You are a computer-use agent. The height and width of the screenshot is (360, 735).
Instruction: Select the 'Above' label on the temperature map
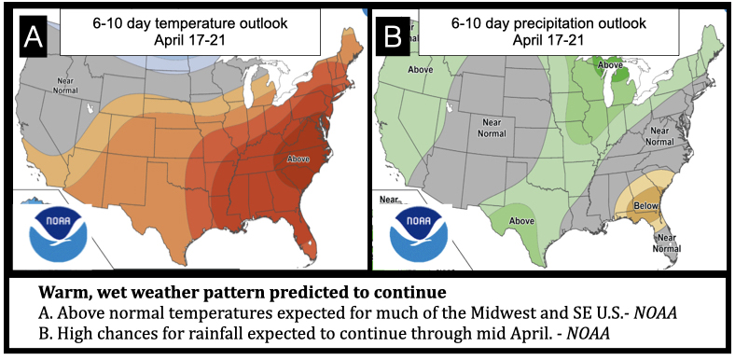pos(299,159)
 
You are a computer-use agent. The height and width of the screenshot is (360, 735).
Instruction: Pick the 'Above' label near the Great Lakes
pos(610,64)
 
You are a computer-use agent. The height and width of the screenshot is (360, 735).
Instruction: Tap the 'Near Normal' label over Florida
pos(666,242)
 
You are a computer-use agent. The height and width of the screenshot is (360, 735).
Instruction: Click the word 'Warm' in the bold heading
pos(64,291)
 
